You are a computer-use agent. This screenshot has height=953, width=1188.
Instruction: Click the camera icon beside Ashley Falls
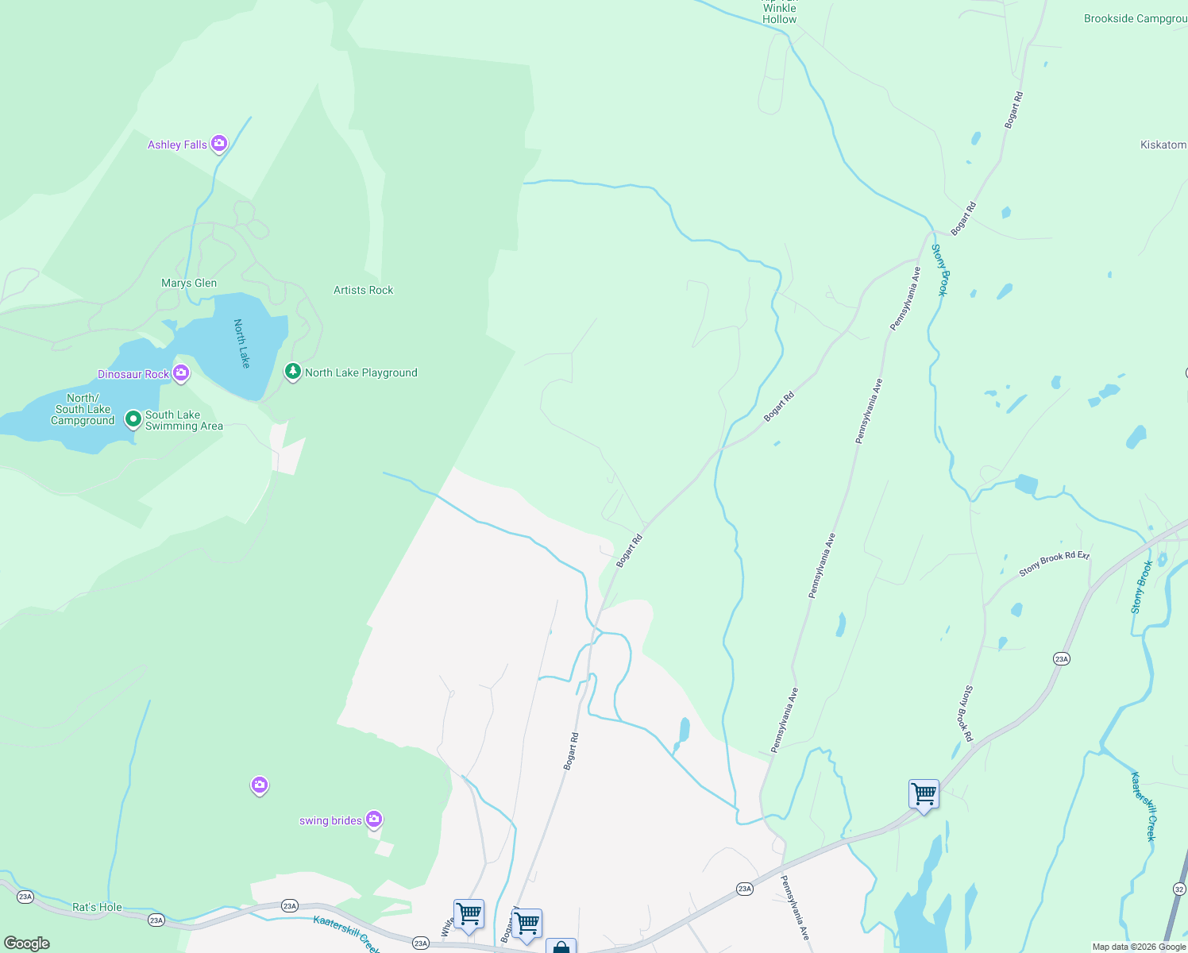[219, 144]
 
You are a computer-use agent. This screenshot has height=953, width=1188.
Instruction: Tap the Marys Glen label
[189, 284]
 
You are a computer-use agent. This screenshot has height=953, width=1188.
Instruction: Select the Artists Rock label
[363, 291]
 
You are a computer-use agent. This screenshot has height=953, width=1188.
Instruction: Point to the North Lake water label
[242, 343]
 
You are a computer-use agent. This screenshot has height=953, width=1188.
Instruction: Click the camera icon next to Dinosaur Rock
[181, 373]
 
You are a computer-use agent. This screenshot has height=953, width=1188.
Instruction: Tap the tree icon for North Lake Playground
[293, 372]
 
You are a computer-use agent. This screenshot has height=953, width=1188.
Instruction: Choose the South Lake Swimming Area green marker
[133, 419]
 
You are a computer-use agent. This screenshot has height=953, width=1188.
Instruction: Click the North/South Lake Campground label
[83, 410]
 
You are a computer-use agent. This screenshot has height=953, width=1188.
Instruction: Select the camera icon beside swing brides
[374, 820]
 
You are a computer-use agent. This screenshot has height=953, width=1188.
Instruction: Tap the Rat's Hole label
[97, 907]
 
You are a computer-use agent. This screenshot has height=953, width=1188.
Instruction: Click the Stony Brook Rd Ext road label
[1054, 563]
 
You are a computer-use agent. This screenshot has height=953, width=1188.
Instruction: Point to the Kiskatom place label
[1163, 145]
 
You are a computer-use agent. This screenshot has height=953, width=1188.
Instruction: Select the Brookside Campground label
[1135, 18]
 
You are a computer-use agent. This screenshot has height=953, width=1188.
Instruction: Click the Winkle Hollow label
[779, 14]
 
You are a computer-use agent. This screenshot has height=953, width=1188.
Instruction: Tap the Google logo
[26, 943]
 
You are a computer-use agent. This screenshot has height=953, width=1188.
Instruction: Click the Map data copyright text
[1138, 947]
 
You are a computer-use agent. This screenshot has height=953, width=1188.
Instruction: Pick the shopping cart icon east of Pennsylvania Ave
[924, 794]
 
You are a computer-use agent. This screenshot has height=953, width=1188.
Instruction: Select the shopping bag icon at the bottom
[561, 947]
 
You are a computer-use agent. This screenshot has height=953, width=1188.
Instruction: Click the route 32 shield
[1179, 887]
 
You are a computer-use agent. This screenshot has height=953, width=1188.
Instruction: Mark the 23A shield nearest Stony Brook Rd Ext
[1061, 659]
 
